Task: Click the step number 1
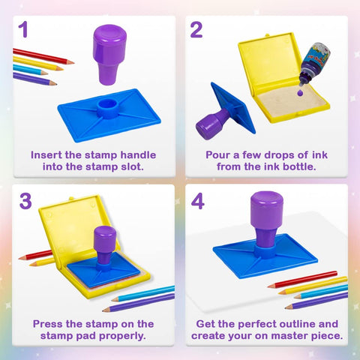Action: click(x=23, y=30)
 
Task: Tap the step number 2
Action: click(x=196, y=30)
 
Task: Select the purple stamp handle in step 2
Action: click(x=212, y=121)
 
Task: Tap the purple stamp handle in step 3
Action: click(x=106, y=244)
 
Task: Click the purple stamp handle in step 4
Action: click(x=265, y=214)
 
